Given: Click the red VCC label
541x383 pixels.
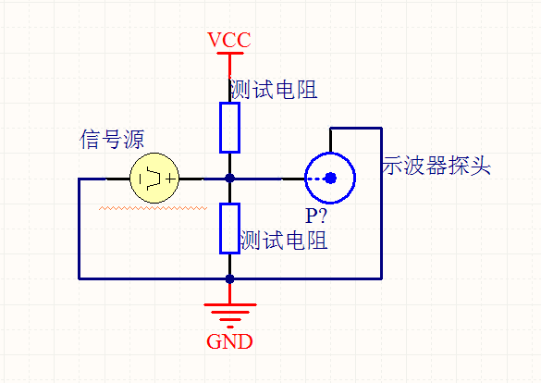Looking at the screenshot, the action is click(229, 40).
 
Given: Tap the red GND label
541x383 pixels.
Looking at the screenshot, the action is click(229, 341).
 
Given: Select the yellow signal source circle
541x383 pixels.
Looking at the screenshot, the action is click(154, 178).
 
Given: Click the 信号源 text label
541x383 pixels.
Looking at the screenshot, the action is click(112, 140).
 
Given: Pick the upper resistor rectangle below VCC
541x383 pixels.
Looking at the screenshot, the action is click(229, 128).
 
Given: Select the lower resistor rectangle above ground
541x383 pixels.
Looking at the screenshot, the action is click(229, 229).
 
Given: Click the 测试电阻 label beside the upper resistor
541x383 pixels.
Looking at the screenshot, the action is click(274, 90).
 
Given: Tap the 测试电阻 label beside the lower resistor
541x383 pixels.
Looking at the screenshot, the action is click(284, 241).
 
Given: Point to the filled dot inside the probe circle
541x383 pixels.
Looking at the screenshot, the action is click(330, 178).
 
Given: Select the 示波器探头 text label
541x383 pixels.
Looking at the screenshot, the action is click(436, 166).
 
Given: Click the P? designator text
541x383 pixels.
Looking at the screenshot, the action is click(316, 216).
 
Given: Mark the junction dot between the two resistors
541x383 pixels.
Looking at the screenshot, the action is click(229, 179).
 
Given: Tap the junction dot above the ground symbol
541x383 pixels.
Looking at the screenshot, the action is click(229, 278).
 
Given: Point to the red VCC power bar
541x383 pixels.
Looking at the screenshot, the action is click(230, 53).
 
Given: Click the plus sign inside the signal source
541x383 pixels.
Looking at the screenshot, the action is click(171, 179).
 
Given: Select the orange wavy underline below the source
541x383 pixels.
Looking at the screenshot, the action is click(153, 208).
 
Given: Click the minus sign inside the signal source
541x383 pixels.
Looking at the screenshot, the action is click(141, 179).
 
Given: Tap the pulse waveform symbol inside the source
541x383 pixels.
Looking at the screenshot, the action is click(154, 179).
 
